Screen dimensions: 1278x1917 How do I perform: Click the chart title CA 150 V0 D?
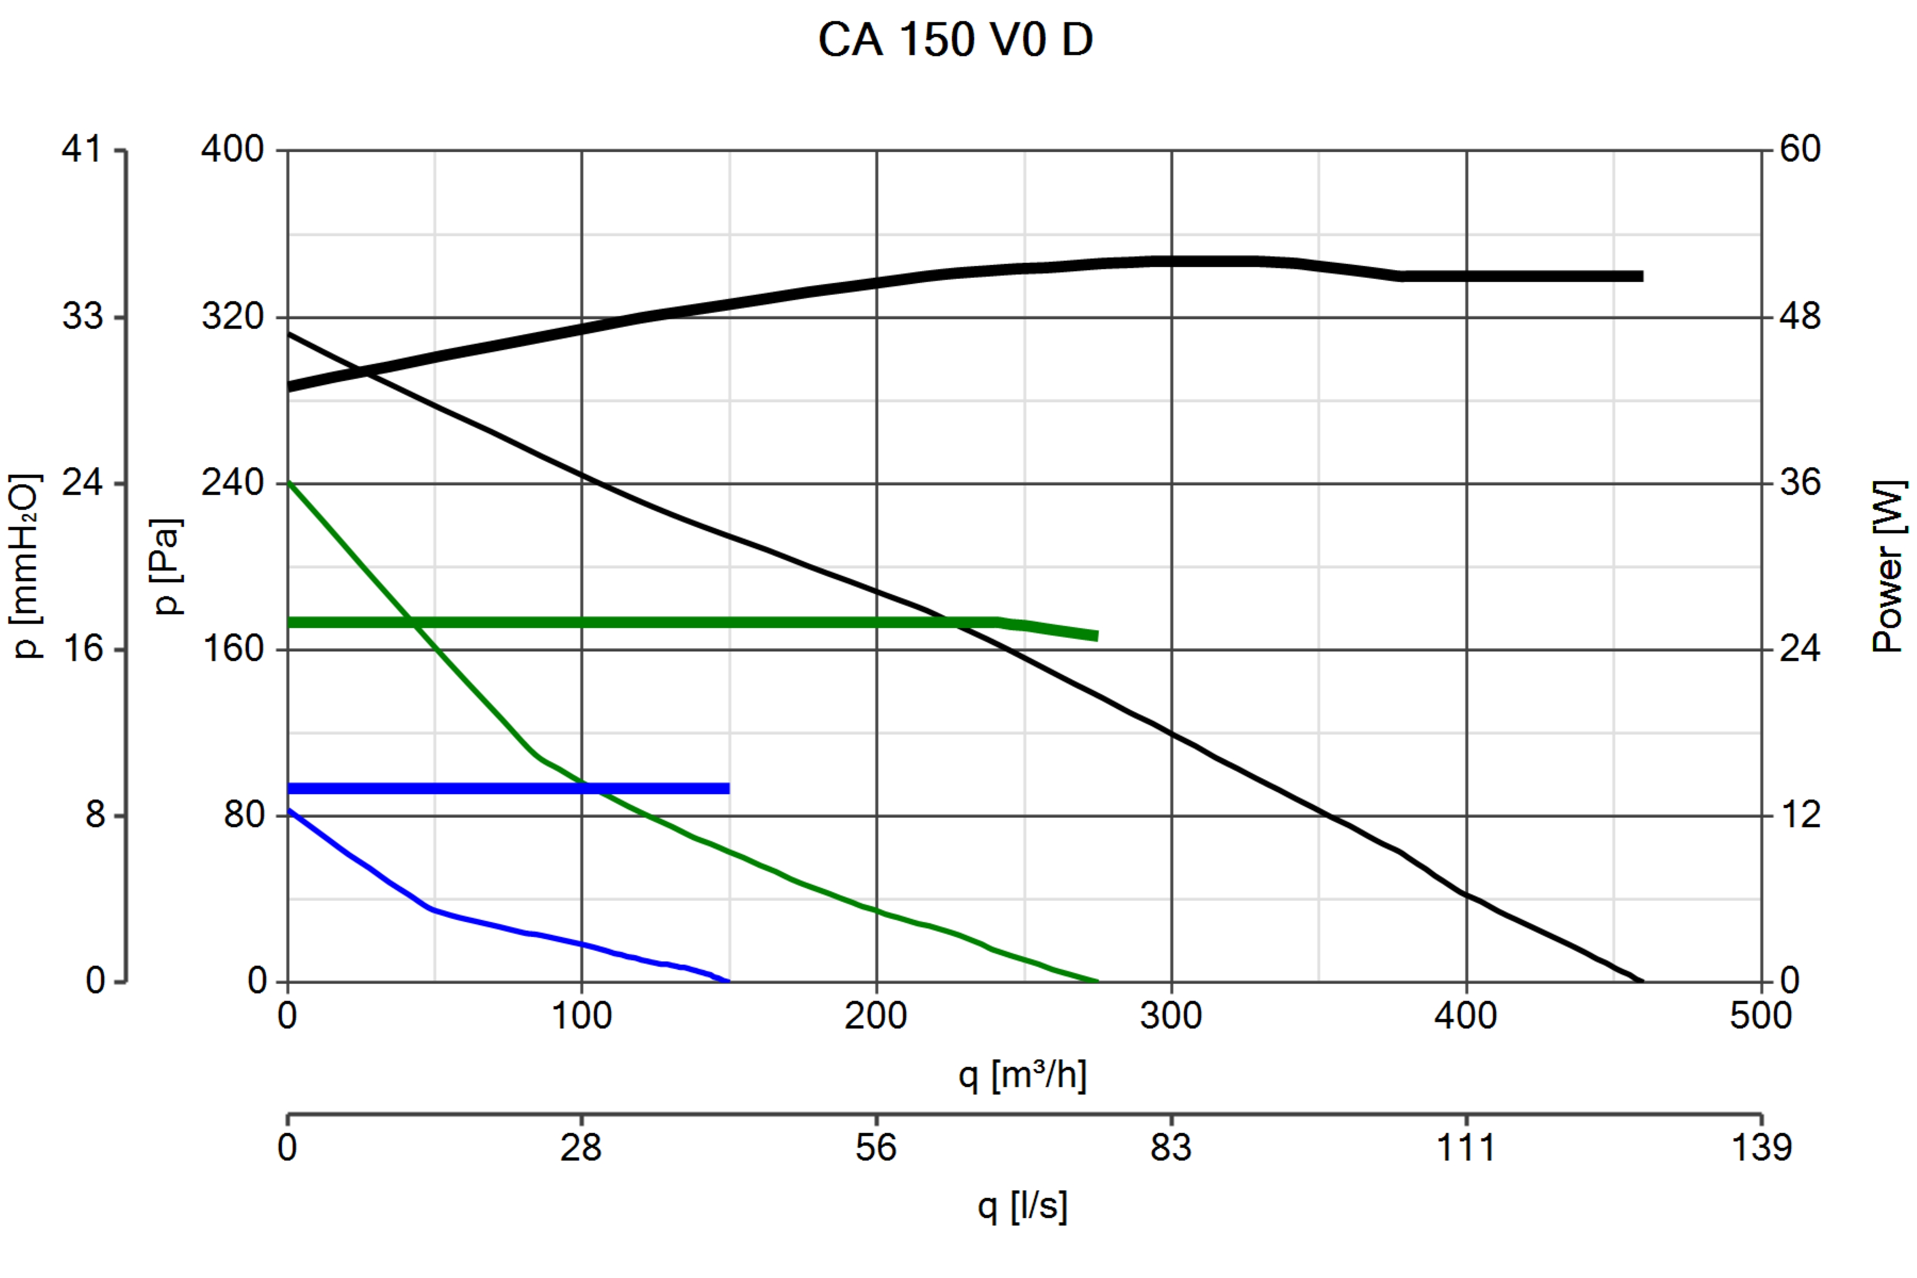[x=955, y=39]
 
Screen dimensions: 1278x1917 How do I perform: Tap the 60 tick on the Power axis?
[x=1800, y=149]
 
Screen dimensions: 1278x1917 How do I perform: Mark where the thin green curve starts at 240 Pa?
[x=289, y=484]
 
